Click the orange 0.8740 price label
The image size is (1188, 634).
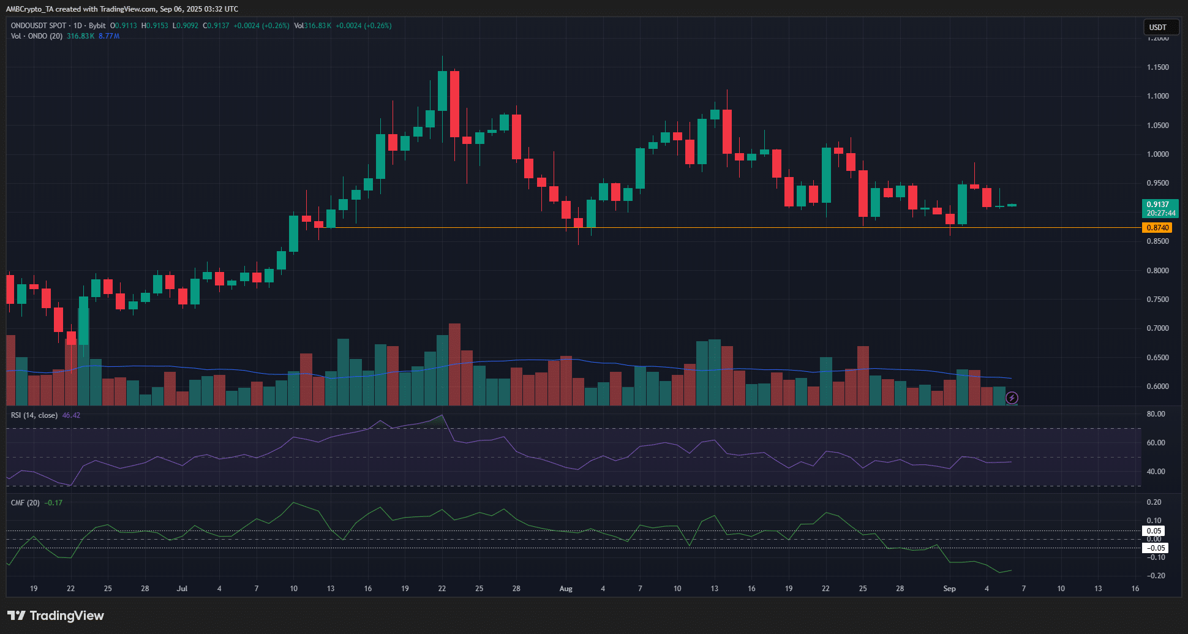(1157, 228)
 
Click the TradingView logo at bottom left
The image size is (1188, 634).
(56, 616)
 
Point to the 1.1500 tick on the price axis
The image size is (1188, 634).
(1157, 67)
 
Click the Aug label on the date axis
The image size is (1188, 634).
(566, 589)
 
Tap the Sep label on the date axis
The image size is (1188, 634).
(949, 589)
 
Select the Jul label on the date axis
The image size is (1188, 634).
(182, 589)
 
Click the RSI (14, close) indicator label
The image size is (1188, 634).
(34, 415)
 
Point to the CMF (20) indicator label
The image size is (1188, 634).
(25, 503)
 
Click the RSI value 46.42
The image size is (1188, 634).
(71, 415)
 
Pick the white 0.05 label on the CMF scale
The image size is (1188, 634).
(1154, 531)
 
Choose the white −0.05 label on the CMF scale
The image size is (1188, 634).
(1154, 548)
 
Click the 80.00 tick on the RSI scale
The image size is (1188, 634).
(1156, 414)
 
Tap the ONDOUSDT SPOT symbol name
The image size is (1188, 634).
(38, 26)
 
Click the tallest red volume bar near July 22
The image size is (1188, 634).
(454, 364)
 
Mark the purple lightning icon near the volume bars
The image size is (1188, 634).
(1012, 398)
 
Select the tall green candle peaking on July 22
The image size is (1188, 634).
(442, 91)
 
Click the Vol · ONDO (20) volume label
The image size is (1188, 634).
(37, 36)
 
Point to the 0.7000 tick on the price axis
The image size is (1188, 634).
(1157, 328)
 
